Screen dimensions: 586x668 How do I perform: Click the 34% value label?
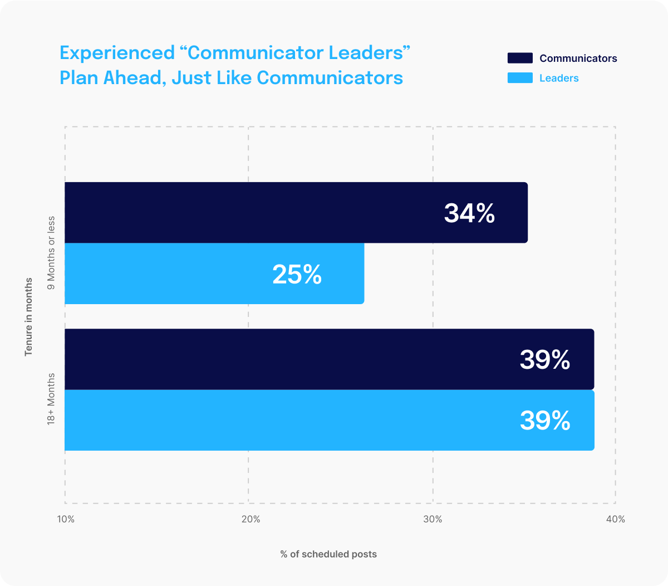coord(469,213)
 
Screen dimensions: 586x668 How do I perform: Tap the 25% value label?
coord(297,275)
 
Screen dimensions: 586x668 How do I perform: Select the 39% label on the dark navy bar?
coord(545,360)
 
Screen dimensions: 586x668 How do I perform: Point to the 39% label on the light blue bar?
coord(545,421)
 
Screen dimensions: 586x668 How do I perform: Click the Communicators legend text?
coord(578,58)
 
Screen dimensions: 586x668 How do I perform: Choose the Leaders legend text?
coord(559,79)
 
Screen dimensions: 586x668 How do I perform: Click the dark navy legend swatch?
coord(520,58)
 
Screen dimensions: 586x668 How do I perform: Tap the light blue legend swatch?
coord(520,79)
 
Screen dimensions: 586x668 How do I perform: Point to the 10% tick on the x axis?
coord(66,520)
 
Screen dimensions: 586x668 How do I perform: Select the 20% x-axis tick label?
coord(250,520)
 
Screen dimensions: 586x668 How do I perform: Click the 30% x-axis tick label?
coord(433,520)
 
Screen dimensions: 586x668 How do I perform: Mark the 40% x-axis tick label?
coord(616,520)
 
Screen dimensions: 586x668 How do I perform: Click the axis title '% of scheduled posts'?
coord(328,554)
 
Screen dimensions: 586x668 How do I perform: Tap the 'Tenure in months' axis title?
coord(28,316)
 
